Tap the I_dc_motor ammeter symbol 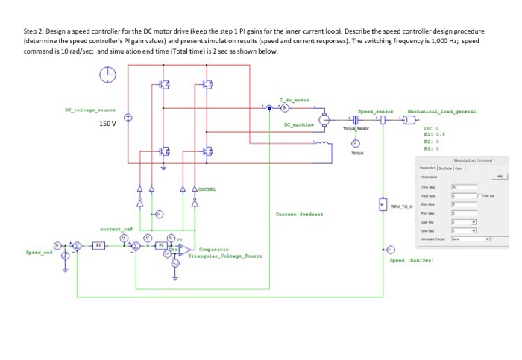pyautogui.click(x=271, y=109)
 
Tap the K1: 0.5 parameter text pyautogui.click(x=433, y=133)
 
